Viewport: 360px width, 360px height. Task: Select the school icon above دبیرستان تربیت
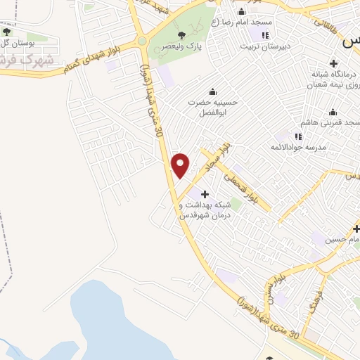click(265, 35)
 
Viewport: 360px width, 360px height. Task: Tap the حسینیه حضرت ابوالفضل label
click(212, 106)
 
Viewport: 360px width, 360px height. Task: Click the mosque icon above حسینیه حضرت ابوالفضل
click(212, 91)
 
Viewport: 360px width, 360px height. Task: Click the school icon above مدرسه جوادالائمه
click(298, 136)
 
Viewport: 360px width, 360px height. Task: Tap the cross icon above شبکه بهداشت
click(205, 194)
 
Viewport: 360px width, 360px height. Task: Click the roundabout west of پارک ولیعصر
click(142, 41)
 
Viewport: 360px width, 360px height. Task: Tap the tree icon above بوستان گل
click(7, 32)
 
